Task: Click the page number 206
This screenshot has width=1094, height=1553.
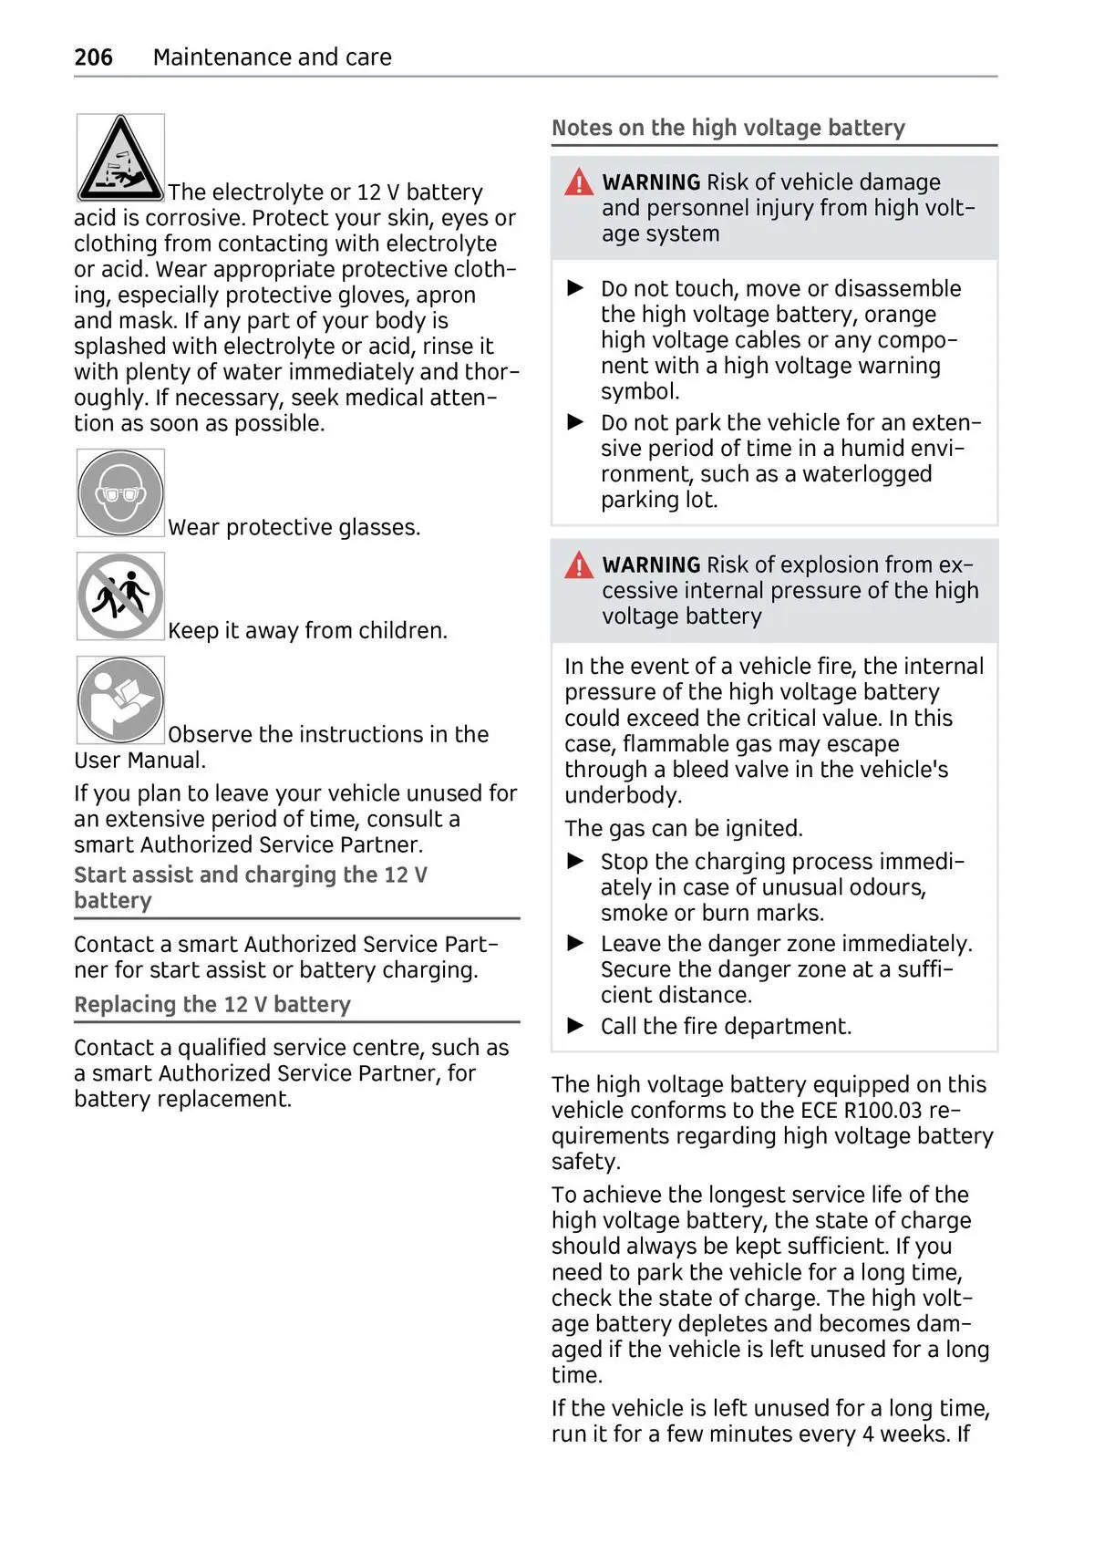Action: pyautogui.click(x=93, y=57)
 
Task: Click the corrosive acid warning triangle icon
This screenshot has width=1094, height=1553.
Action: pyautogui.click(x=120, y=158)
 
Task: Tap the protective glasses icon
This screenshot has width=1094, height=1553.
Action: pyautogui.click(x=120, y=492)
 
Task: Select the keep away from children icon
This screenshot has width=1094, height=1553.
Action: pyautogui.click(x=120, y=596)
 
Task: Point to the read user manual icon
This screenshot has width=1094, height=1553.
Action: pyautogui.click(x=120, y=700)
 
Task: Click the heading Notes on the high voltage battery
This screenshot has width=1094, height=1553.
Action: pyautogui.click(x=728, y=128)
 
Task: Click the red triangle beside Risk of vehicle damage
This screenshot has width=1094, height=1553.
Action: pyautogui.click(x=579, y=183)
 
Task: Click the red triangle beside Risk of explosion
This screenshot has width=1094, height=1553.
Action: pyautogui.click(x=579, y=566)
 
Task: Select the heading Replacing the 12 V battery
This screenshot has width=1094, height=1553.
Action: pyautogui.click(x=212, y=1005)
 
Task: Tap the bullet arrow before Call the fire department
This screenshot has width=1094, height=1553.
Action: pyautogui.click(x=575, y=1026)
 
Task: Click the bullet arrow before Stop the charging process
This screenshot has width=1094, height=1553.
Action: pyautogui.click(x=575, y=861)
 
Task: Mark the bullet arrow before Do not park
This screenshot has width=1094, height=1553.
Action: pyautogui.click(x=575, y=422)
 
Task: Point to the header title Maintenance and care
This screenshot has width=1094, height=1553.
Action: pyautogui.click(x=272, y=57)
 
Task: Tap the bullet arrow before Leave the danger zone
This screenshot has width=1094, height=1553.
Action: pyautogui.click(x=575, y=943)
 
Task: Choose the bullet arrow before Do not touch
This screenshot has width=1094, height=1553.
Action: pyautogui.click(x=575, y=288)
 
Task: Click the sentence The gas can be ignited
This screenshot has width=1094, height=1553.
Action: pyautogui.click(x=683, y=829)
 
